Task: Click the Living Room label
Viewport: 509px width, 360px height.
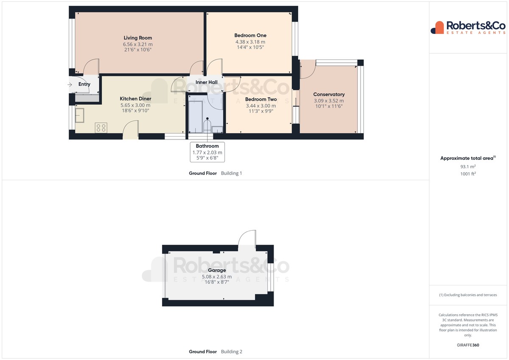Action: [x=138, y=38]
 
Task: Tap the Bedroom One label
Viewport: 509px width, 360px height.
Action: [x=250, y=36]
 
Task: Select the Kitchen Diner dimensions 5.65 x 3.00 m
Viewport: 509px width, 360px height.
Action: [x=135, y=105]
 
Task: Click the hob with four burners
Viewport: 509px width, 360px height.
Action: [x=101, y=128]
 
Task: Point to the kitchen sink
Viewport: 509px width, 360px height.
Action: [x=80, y=115]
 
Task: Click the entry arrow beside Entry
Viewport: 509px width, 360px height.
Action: [x=70, y=85]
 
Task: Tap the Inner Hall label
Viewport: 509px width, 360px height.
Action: [x=206, y=82]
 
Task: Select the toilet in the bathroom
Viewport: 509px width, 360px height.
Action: [x=207, y=126]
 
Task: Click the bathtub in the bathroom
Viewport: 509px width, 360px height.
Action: [x=196, y=117]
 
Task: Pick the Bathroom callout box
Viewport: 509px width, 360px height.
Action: [x=207, y=152]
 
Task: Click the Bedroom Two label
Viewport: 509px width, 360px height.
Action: [x=261, y=99]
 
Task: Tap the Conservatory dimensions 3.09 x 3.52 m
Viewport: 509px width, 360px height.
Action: [x=329, y=100]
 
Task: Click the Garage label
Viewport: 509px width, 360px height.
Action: [x=217, y=270]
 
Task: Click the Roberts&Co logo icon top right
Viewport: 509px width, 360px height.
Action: [x=437, y=28]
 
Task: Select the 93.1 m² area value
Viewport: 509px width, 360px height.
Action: [x=468, y=167]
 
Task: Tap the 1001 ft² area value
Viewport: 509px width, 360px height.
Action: [x=468, y=174]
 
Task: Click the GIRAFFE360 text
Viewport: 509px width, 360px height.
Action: [x=468, y=345]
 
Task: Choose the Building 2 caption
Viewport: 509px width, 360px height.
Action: [x=232, y=352]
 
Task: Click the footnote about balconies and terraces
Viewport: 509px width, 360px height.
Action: [x=468, y=295]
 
